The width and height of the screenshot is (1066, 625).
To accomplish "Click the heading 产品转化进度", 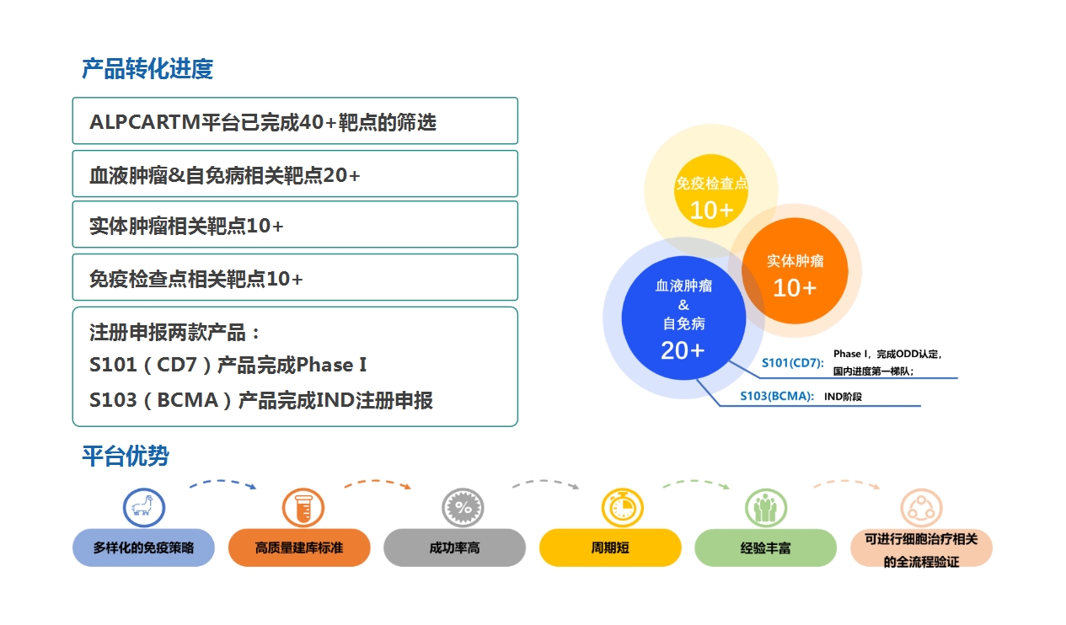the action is [x=147, y=68].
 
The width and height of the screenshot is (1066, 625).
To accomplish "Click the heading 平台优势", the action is [x=126, y=456].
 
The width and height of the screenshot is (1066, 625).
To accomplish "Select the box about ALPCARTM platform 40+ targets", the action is [x=295, y=120].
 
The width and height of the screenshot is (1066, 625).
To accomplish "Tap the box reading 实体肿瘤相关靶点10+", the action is [x=295, y=225].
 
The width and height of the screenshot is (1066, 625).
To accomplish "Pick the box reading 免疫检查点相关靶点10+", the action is [x=295, y=277].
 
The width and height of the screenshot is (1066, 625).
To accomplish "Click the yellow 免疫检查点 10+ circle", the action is [x=711, y=190].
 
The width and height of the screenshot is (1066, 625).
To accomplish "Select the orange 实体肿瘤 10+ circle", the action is [x=795, y=270].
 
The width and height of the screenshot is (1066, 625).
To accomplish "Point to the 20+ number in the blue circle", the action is [x=683, y=350].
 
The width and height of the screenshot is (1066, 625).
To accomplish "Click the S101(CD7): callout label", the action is [x=793, y=363].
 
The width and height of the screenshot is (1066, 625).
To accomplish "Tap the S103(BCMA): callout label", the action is [x=777, y=396].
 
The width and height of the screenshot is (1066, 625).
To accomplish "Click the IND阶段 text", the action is [x=843, y=397].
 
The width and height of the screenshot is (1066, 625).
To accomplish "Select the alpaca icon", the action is [x=144, y=508].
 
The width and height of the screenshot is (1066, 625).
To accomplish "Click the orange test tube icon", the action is [x=303, y=508].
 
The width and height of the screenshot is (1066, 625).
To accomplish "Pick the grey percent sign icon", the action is [x=463, y=508].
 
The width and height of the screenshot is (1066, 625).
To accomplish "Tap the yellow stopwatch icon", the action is [x=623, y=508].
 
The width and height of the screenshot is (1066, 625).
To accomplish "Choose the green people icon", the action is [x=766, y=508].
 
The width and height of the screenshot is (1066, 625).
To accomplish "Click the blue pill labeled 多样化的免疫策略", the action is [x=143, y=548].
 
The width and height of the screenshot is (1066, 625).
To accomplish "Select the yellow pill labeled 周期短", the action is [x=610, y=548].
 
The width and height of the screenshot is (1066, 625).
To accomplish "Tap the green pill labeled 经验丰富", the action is [x=766, y=548].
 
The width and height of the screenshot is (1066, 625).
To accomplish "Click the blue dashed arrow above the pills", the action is [x=222, y=481].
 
